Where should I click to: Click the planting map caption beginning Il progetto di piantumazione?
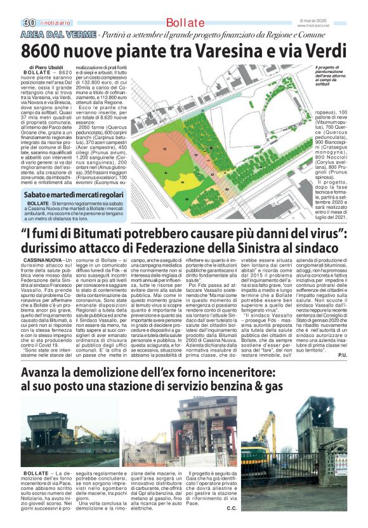pos(331,76)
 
